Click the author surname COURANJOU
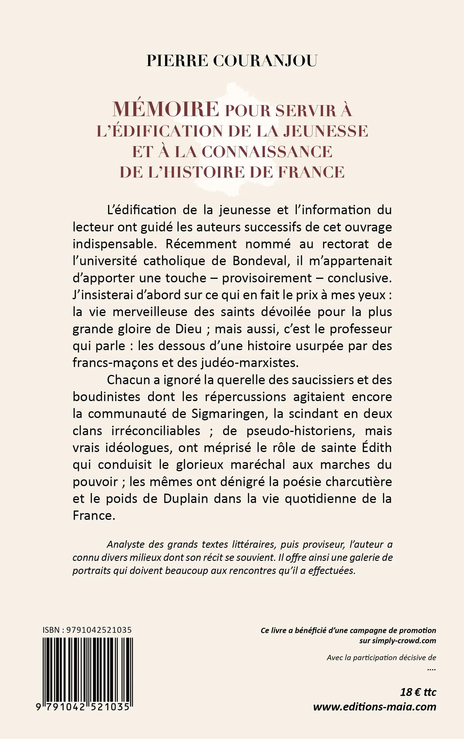coord(265,61)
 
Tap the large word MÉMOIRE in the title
coord(166,109)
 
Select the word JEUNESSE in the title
coord(325,131)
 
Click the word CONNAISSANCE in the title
coord(267,152)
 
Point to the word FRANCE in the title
coord(311,172)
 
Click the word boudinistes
coord(106,397)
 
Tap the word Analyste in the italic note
coord(125,545)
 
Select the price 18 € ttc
coord(418,692)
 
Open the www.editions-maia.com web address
coord(374,707)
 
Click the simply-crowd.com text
coord(404,641)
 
